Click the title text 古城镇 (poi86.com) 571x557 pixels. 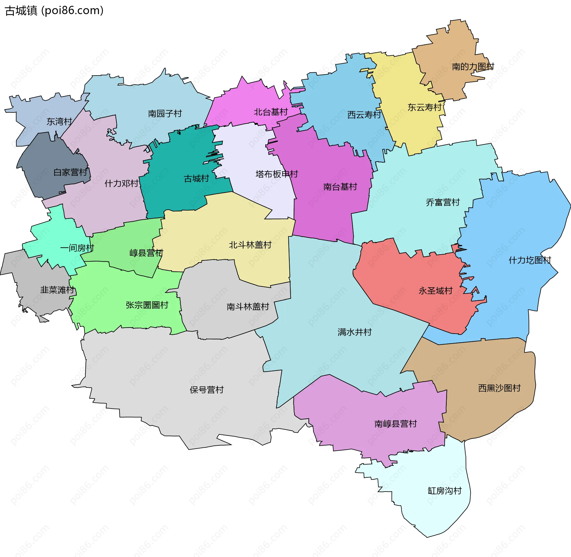pos(54,11)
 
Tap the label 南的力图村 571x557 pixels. pos(473,67)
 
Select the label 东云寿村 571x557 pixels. pos(424,107)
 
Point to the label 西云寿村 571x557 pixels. pos(364,115)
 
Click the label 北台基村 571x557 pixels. pos(271,112)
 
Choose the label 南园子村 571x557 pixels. pos(165,114)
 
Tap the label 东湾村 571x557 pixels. pos(59,122)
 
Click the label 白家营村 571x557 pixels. pos(70,172)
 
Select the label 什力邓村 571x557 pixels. pos(121,183)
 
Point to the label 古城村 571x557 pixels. pos(196,179)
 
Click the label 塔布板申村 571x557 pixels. pos(277,174)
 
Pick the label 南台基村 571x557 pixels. pos(340,187)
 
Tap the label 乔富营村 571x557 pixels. pos(443,203)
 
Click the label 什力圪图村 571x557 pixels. pos(530,261)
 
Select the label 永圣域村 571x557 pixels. pos(435,291)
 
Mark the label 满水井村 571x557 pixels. pos(354,332)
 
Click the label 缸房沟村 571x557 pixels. pos(444,491)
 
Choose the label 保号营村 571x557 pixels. pos(207,390)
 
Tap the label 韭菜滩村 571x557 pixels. pos(57,290)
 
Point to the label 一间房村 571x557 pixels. pos(77,248)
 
